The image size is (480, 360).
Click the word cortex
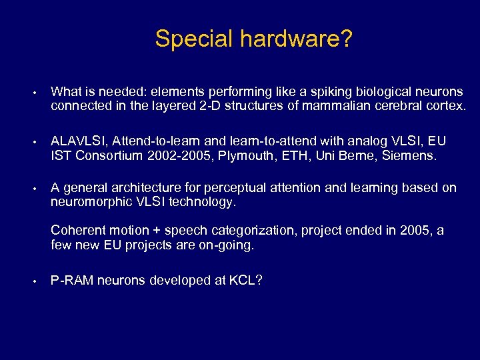pyautogui.click(x=444, y=106)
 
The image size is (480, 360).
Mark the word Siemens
pyautogui.click(x=409, y=156)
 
